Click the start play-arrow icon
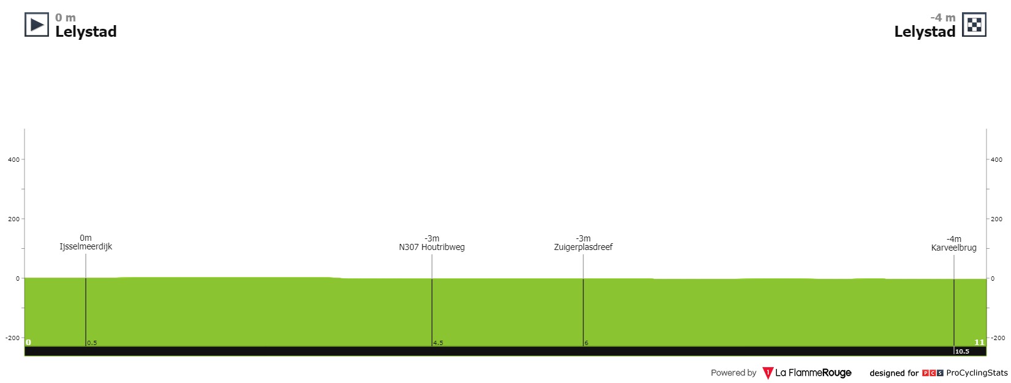tap(37, 25)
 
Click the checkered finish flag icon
tap(974, 25)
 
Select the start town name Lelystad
tap(86, 32)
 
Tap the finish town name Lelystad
tap(925, 32)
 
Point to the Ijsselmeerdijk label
tap(86, 247)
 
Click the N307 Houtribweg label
tap(431, 248)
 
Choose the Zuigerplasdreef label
tap(583, 248)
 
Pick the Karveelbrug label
tap(953, 248)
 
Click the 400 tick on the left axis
tap(13, 160)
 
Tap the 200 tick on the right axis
tap(997, 219)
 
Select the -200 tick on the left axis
tap(12, 338)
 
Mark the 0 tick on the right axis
tap(993, 279)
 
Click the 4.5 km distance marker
tap(438, 343)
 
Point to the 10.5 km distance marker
tap(962, 352)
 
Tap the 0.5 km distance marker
tap(92, 343)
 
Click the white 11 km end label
tap(979, 343)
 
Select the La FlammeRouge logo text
tap(812, 373)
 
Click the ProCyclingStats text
tap(977, 373)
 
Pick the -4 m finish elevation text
tap(942, 18)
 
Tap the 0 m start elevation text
tap(66, 18)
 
